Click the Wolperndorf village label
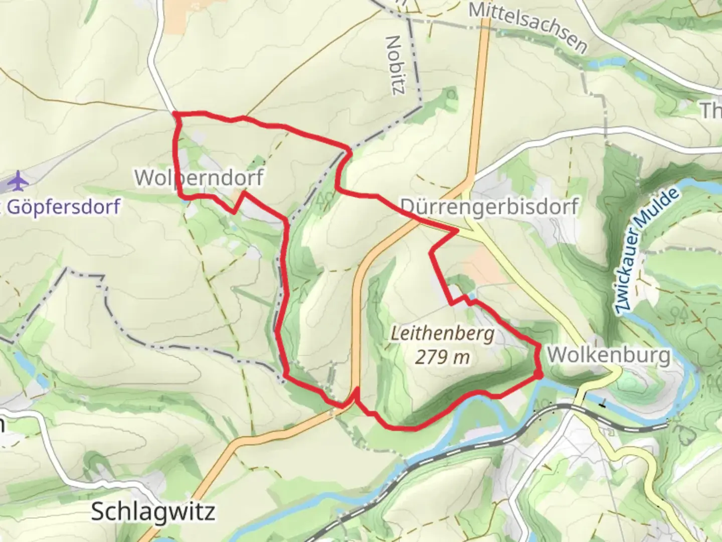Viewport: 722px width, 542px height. tap(199, 177)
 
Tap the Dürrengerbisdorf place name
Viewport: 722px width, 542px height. tap(489, 206)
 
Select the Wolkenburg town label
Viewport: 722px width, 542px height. tap(608, 355)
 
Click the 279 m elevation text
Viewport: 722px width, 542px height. tap(442, 357)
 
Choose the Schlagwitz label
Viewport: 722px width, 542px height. tap(153, 511)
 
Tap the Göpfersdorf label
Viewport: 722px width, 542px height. tap(63, 206)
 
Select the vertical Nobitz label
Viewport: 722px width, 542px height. tap(396, 64)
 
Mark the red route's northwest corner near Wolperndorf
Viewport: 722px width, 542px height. tap(176, 115)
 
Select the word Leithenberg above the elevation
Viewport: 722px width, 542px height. tap(442, 334)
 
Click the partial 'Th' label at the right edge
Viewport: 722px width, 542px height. tap(710, 110)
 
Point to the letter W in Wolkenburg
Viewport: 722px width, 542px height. tap(556, 355)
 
